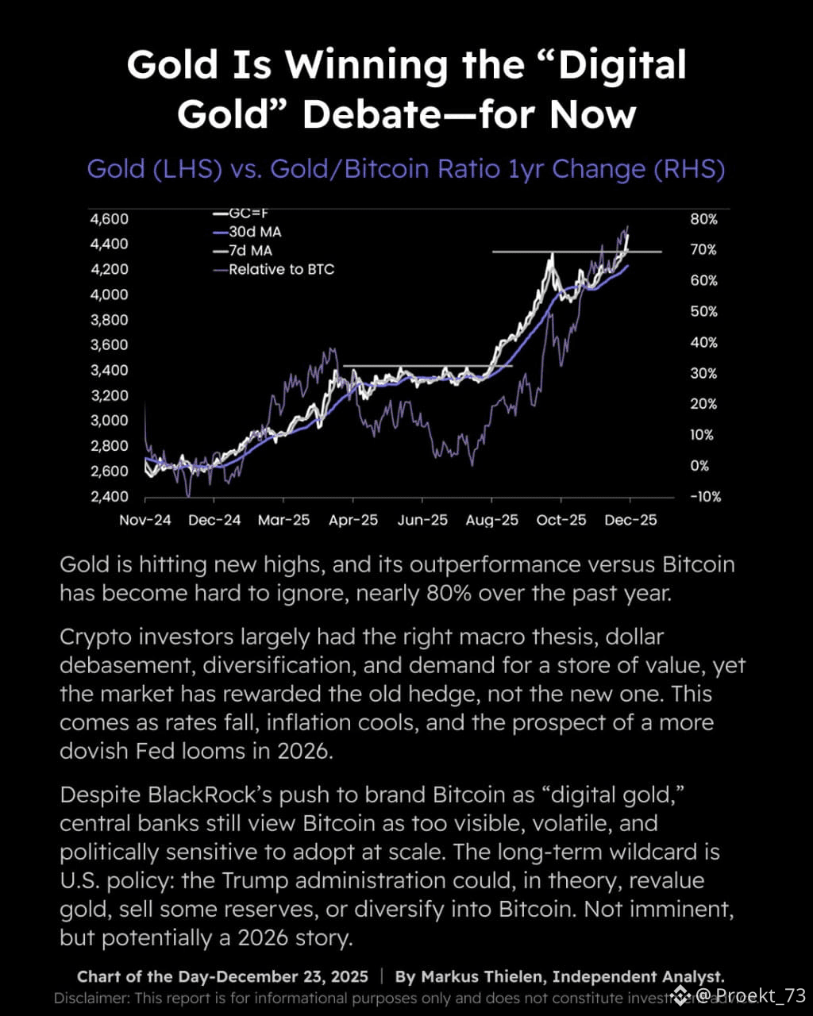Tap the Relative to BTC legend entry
281,269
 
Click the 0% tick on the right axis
699,466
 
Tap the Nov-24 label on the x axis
145,521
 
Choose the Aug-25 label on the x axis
491,521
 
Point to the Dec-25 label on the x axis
630,521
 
